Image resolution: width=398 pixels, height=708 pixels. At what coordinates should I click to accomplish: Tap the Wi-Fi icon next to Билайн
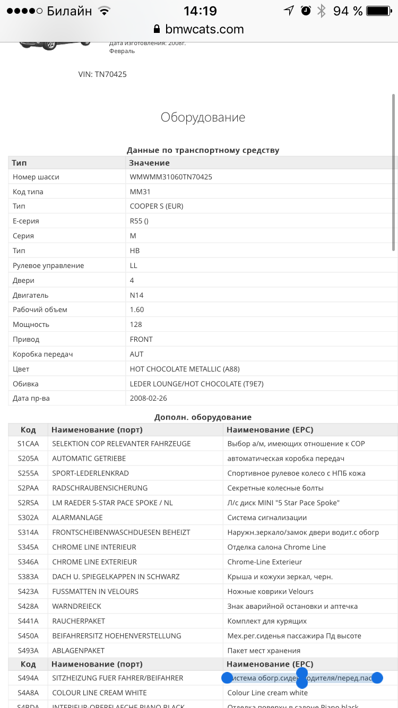coord(105,11)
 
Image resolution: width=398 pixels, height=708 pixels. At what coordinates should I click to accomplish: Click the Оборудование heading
coord(203,117)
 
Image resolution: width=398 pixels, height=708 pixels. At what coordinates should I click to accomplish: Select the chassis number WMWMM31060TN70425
coord(171,177)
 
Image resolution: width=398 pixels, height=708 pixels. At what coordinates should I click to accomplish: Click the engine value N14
coord(137,295)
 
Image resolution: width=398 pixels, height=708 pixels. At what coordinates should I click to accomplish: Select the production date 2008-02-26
coord(149,398)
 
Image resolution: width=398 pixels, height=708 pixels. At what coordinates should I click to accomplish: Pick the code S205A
coord(28,459)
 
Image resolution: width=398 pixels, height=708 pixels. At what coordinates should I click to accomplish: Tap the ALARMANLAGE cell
coord(77,517)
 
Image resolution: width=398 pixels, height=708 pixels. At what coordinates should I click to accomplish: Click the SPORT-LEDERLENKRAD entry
coord(90,473)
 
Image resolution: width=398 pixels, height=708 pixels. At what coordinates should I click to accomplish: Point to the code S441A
coord(28,621)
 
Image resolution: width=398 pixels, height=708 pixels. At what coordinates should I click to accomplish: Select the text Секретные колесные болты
coord(275,488)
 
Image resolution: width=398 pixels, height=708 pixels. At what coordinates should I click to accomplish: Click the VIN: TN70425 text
coord(102,74)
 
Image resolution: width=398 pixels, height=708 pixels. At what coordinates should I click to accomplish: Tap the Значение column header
coord(150,163)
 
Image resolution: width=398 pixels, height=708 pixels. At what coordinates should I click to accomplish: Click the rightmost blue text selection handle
coord(377,678)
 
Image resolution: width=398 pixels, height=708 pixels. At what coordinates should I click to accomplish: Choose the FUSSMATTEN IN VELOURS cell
coord(95,591)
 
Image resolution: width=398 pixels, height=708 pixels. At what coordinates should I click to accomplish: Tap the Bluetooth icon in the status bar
coord(321,11)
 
